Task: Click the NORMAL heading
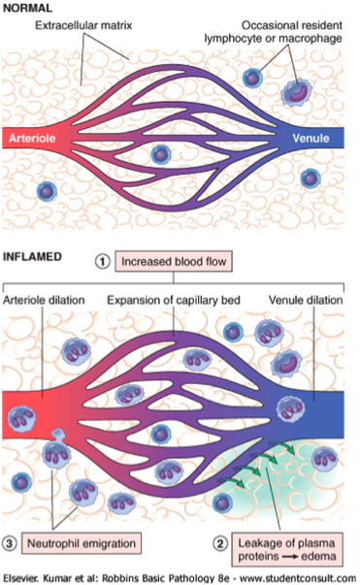pos(27,8)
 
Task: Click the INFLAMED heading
pos(32,257)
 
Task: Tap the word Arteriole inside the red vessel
pos(32,139)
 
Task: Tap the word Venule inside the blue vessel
pos(311,139)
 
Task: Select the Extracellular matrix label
pos(83,25)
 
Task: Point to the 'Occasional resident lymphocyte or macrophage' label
pos(273,32)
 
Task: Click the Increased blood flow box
pos(174,262)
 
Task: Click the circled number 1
pos(102,262)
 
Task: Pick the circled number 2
pos(220,543)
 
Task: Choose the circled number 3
pos(9,543)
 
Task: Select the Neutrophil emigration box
pos(82,543)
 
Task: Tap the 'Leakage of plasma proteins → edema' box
pos(287,549)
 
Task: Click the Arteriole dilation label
pos(44,301)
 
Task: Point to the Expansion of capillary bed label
pos(174,301)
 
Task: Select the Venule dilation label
pos(306,301)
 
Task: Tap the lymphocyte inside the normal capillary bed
pos(161,154)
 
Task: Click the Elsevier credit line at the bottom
pos(180,578)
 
